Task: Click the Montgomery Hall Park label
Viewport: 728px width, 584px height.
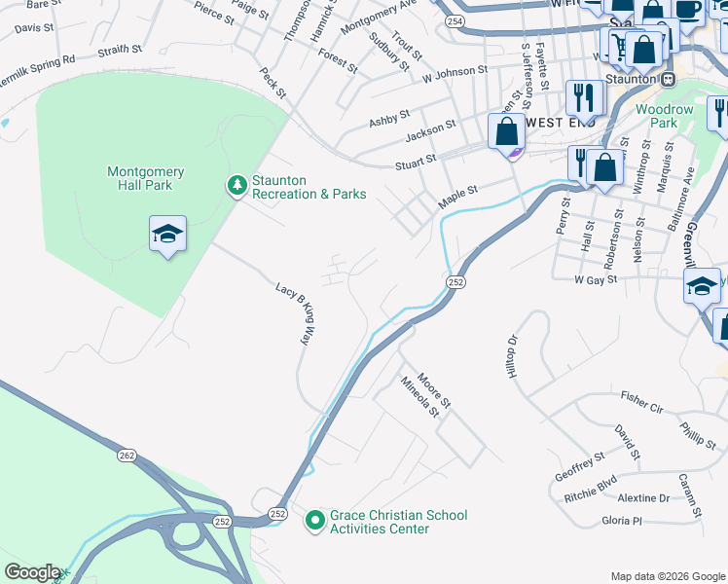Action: tap(145, 179)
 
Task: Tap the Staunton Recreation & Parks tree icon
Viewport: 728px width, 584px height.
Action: tap(237, 184)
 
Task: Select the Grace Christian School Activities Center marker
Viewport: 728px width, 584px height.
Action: tap(314, 522)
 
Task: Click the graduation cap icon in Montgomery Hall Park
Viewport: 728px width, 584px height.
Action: tap(167, 234)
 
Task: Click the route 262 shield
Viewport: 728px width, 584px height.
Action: tap(127, 455)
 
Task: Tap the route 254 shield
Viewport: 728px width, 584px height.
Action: tap(455, 19)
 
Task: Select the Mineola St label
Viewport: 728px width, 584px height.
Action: tap(420, 399)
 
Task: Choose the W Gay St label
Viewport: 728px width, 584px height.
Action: tap(597, 280)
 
